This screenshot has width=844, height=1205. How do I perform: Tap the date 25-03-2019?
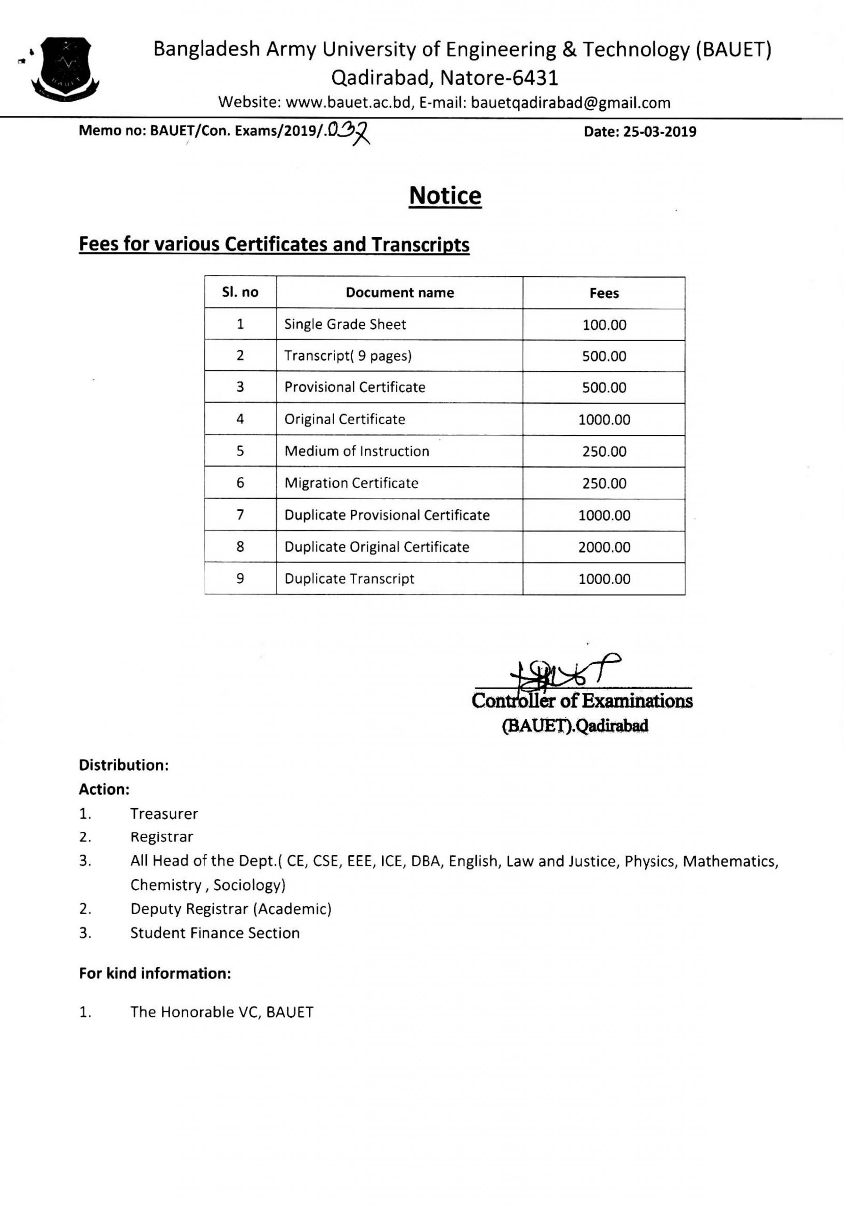pos(659,132)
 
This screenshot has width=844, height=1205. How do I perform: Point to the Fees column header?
pos(603,293)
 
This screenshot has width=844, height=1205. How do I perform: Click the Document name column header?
pos(400,292)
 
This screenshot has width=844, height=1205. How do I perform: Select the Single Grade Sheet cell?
pos(345,324)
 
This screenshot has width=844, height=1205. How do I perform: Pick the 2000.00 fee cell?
pos(603,547)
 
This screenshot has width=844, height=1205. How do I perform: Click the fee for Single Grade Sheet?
pos(603,325)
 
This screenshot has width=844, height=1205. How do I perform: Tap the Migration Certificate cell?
pos(351,483)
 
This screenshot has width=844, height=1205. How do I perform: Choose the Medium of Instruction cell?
pos(356,451)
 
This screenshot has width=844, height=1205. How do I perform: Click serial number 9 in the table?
pos(240,578)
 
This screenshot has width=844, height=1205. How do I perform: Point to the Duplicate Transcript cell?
pos(349,578)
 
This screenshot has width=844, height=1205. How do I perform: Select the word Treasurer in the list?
pos(164,814)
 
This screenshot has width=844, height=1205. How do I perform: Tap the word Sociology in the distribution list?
pos(249,885)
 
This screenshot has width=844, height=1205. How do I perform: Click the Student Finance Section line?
pos(215,932)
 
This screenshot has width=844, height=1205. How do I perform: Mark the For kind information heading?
pos(155,973)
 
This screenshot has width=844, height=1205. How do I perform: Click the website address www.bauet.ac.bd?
pos(347,103)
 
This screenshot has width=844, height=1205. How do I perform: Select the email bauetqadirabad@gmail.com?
pos(571,103)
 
